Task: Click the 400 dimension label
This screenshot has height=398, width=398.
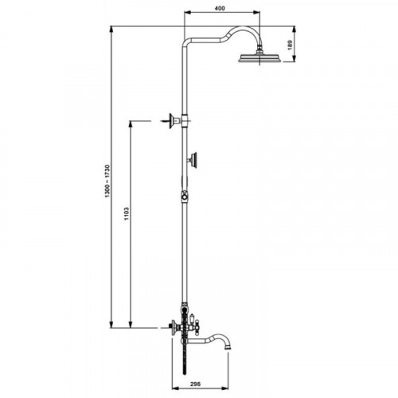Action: [x=220, y=8]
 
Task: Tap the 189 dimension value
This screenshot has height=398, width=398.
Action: [x=290, y=45]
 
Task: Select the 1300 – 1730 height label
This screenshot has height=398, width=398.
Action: [x=107, y=181]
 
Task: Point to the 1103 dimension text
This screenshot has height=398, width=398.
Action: [x=127, y=213]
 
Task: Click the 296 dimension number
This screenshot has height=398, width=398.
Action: [x=196, y=384]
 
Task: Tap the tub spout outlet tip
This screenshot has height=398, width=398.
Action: [x=228, y=346]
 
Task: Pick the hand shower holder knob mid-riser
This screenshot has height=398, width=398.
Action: [x=193, y=160]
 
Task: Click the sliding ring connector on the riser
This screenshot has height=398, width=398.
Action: [x=185, y=197]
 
